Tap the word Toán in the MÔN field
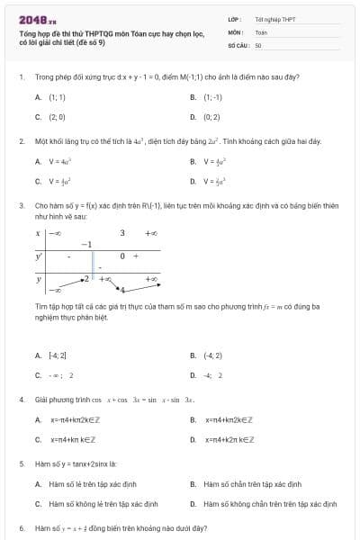click(x=261, y=31)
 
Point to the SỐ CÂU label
click(x=238, y=44)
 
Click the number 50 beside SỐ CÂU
click(x=258, y=44)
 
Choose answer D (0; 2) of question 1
click(x=211, y=116)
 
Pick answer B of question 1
click(x=211, y=96)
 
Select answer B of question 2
click(x=212, y=161)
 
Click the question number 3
click(x=21, y=205)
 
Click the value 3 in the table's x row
click(x=122, y=233)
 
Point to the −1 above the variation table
click(x=86, y=245)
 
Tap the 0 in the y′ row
click(x=121, y=256)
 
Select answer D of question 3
click(x=212, y=374)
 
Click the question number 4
click(x=21, y=399)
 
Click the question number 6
click(x=21, y=527)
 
